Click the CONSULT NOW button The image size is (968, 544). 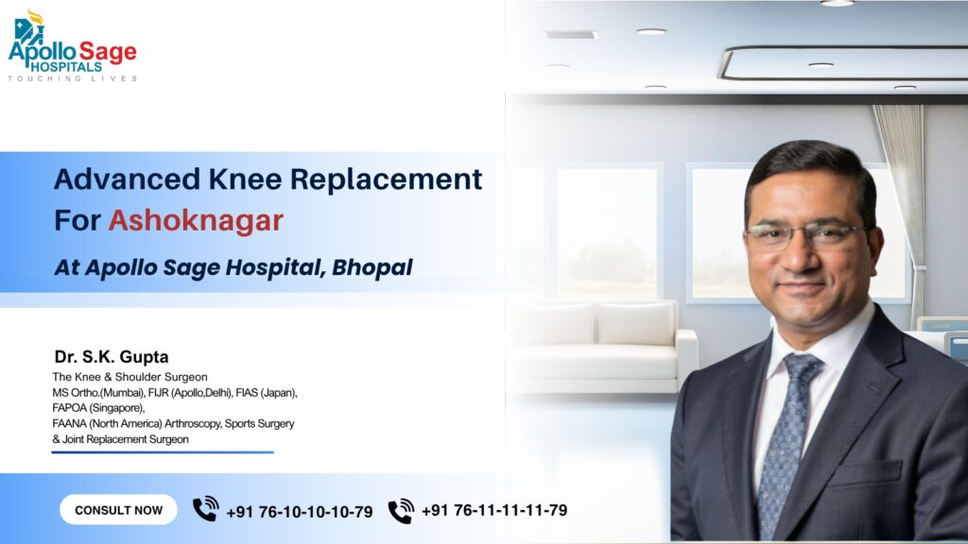118,510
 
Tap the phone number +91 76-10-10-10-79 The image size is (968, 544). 300,512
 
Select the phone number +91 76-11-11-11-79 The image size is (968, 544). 494,510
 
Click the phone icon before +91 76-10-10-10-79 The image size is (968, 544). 205,510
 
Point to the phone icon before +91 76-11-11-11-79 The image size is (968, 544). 401,511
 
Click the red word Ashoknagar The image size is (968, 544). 196,220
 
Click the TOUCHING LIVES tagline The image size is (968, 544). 73,78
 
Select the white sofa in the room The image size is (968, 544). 605,345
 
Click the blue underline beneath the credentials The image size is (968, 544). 162,452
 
